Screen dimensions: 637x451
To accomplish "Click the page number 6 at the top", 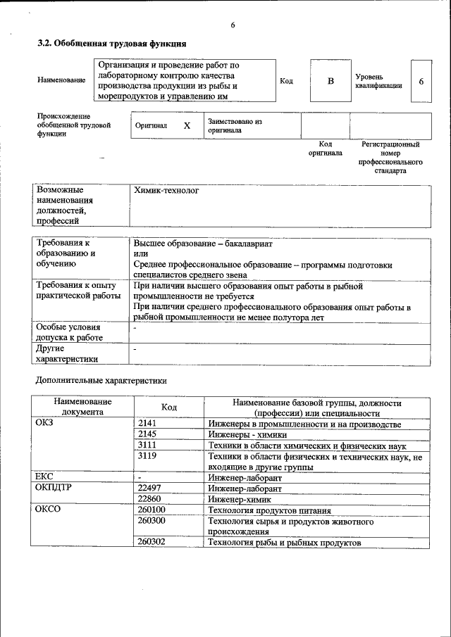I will pyautogui.click(x=232, y=26).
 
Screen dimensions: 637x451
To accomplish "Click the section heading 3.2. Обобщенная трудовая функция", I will pyautogui.click(x=112, y=44).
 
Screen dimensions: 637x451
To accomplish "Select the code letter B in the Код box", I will pyautogui.click(x=330, y=81).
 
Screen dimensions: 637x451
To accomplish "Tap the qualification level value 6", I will pyautogui.click(x=421, y=81).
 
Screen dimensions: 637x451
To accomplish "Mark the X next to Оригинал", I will pyautogui.click(x=187, y=126).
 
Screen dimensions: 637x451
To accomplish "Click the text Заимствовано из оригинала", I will pyautogui.click(x=235, y=126).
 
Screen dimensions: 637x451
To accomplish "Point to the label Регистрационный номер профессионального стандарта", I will pyautogui.click(x=390, y=157).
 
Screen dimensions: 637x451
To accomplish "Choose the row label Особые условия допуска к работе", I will pyautogui.click(x=68, y=332).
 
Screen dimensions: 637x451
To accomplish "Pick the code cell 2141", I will pyautogui.click(x=149, y=424).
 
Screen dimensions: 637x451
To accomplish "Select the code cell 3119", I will pyautogui.click(x=149, y=457).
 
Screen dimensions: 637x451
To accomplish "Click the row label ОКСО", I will pyautogui.click(x=48, y=510).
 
